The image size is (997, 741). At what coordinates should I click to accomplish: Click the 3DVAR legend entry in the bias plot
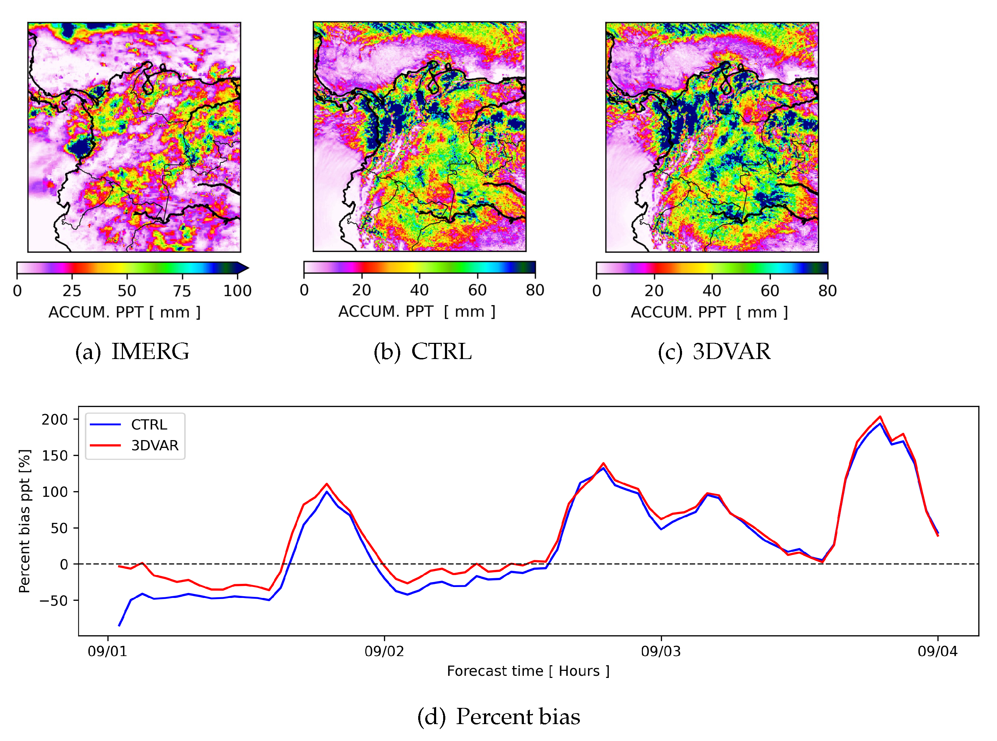(x=154, y=445)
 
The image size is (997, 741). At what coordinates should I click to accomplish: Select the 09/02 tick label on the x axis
(x=384, y=651)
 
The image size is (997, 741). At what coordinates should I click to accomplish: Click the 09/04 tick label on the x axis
(x=937, y=651)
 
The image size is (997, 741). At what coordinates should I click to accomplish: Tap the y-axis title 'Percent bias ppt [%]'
(x=25, y=521)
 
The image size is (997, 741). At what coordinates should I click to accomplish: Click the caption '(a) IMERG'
(x=132, y=351)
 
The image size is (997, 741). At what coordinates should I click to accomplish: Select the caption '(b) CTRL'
(x=422, y=351)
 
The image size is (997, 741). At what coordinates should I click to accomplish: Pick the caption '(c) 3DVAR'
(x=714, y=351)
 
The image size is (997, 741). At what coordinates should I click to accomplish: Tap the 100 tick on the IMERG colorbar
(x=237, y=291)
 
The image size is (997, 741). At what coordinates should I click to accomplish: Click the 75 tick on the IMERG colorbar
(x=182, y=291)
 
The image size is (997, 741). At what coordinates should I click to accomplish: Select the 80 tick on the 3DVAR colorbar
(x=828, y=291)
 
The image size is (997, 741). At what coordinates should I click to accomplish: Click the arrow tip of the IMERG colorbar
(x=248, y=268)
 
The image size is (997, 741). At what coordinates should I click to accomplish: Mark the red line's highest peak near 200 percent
(x=880, y=417)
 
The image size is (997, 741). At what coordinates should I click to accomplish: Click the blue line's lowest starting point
(x=119, y=625)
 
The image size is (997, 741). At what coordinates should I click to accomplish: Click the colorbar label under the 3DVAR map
(x=709, y=312)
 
